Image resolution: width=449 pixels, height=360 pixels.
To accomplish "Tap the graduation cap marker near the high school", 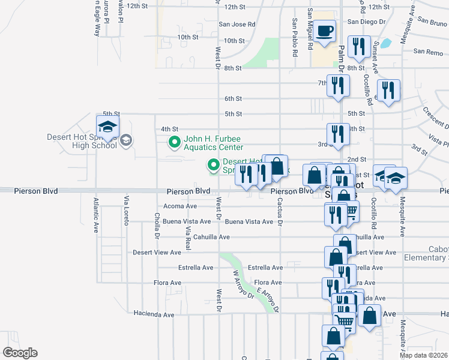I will pos(108,127).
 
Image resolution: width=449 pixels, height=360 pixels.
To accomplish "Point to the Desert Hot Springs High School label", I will pos(82,141).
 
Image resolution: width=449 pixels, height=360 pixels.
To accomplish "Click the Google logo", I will pos(19,353).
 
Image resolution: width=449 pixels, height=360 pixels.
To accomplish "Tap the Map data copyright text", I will pos(424,355).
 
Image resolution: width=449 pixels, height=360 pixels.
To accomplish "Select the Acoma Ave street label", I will pos(180,206).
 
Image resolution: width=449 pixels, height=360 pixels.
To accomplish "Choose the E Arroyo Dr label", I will pos(268,300).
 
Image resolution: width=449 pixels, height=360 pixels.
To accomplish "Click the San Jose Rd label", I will pos(237,25).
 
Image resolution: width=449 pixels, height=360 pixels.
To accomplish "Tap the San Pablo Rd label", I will pos(295,37).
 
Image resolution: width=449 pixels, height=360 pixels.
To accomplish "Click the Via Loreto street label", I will pos(126,211).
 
